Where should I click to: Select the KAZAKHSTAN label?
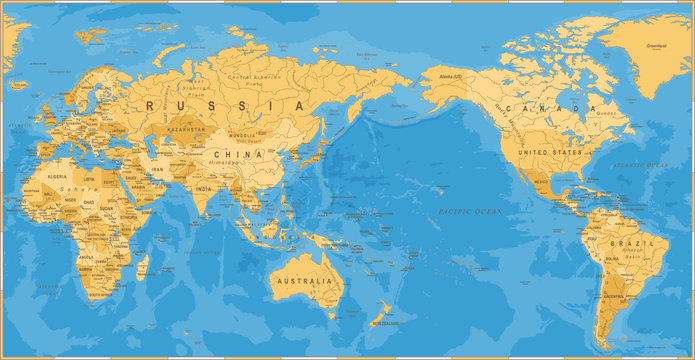click(185, 130)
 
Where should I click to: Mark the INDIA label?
click(204, 188)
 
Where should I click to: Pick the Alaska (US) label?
click(443, 77)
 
